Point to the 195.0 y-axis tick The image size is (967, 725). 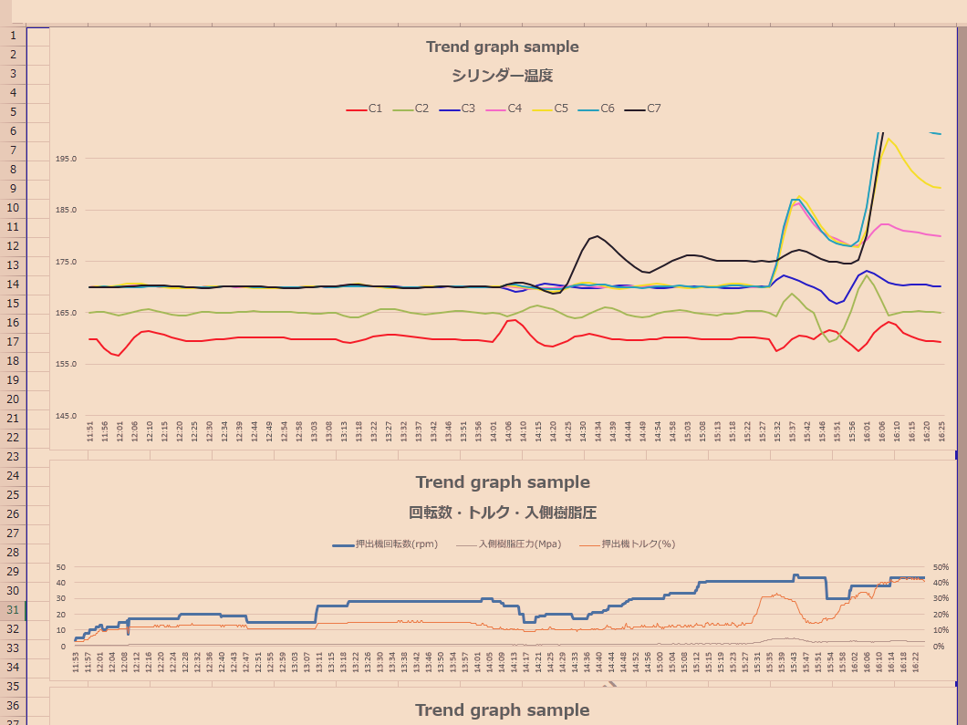67,159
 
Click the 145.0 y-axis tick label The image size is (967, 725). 67,416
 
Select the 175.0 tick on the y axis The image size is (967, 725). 67,262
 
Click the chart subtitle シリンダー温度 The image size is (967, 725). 502,76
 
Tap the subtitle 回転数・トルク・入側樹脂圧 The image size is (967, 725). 502,513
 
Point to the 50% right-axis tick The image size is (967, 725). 940,567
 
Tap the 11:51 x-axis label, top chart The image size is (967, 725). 90,431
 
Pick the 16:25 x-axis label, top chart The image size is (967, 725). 941,431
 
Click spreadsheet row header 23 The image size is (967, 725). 13,457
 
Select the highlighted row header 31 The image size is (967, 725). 13,610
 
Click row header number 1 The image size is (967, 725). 13,36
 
